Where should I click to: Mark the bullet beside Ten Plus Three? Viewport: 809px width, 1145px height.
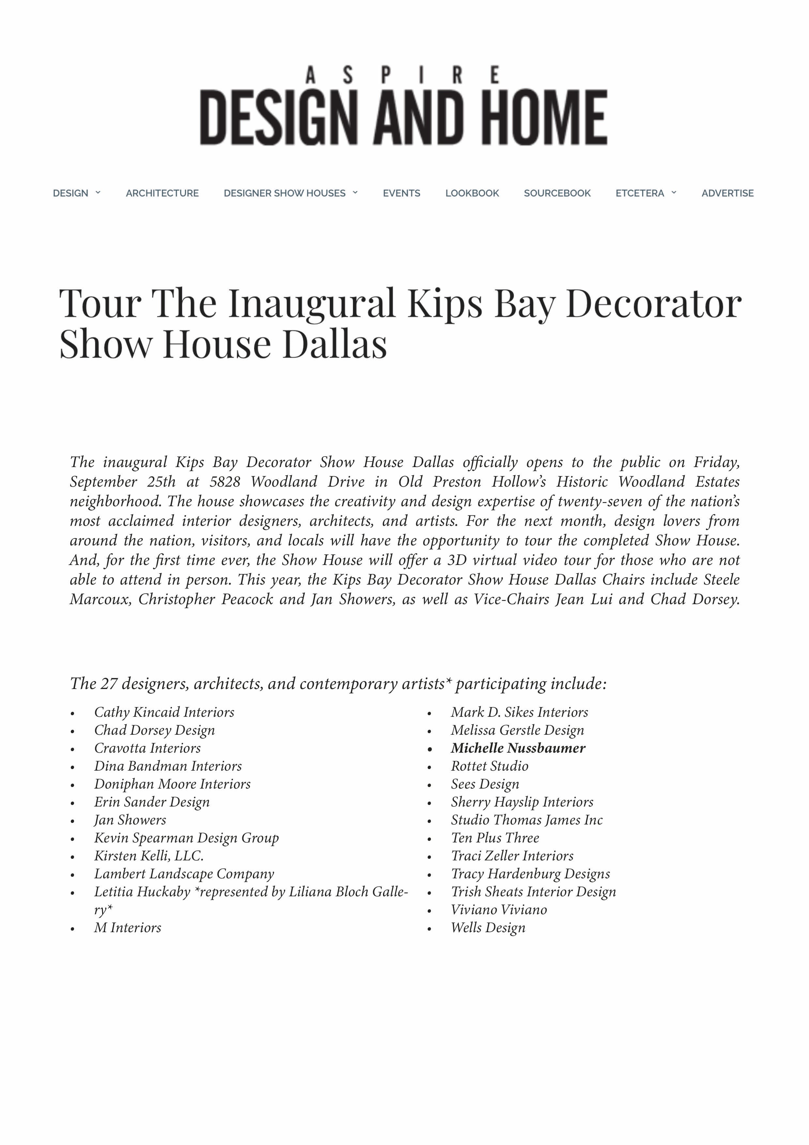[429, 839]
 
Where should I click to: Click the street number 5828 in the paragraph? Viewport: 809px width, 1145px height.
[224, 482]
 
